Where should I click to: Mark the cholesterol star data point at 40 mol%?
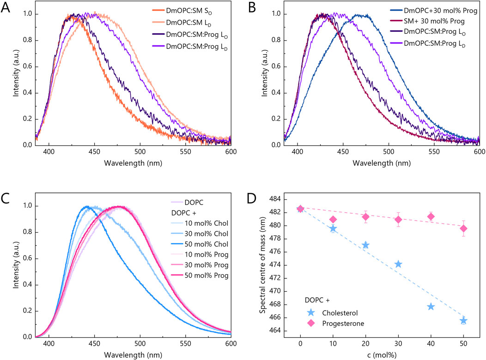pyautogui.click(x=431, y=306)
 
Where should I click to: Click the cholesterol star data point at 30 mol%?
pyautogui.click(x=398, y=264)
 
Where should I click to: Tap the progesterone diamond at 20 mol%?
pyautogui.click(x=365, y=217)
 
